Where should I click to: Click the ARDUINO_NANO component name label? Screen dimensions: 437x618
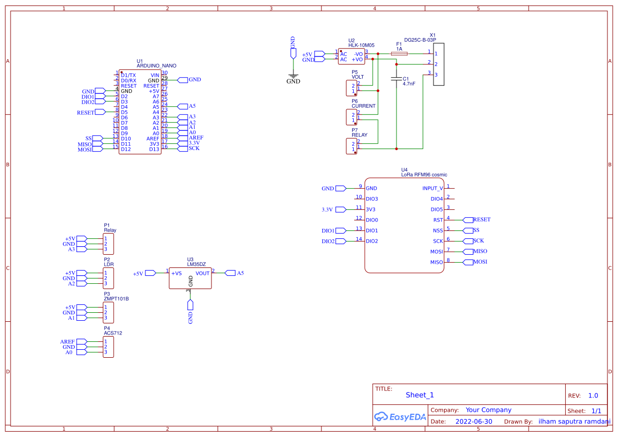point(156,66)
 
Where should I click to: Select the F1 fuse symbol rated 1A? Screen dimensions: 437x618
point(399,53)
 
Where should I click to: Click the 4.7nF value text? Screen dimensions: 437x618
point(409,83)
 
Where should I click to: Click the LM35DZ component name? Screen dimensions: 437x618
point(196,264)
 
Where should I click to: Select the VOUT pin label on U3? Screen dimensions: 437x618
point(202,273)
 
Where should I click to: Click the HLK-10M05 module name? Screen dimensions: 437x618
point(361,45)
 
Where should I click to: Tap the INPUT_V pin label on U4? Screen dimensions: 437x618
point(432,188)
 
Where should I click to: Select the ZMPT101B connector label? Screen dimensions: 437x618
point(116,299)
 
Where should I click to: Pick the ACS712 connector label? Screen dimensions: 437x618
point(113,333)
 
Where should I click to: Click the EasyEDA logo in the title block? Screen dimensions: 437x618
point(400,416)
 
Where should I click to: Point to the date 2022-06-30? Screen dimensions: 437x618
point(474,422)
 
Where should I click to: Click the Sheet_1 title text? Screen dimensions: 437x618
point(419,395)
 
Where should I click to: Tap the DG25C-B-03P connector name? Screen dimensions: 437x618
point(420,40)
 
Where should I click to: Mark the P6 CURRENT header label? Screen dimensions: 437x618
point(363,106)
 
